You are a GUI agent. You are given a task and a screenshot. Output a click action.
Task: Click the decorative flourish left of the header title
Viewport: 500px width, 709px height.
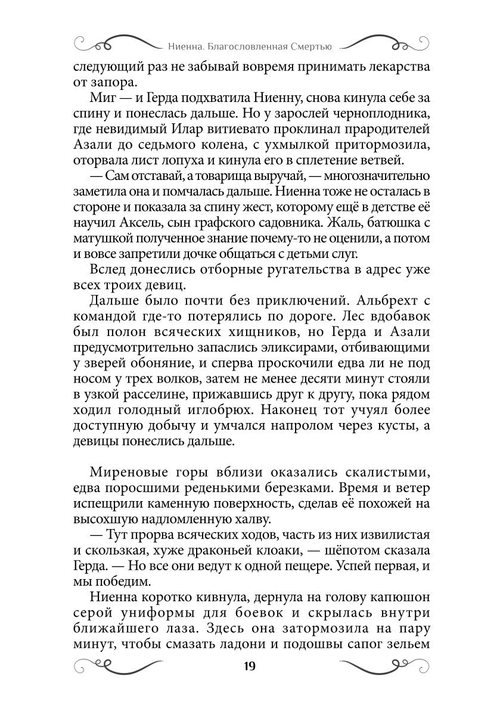[113, 43]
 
